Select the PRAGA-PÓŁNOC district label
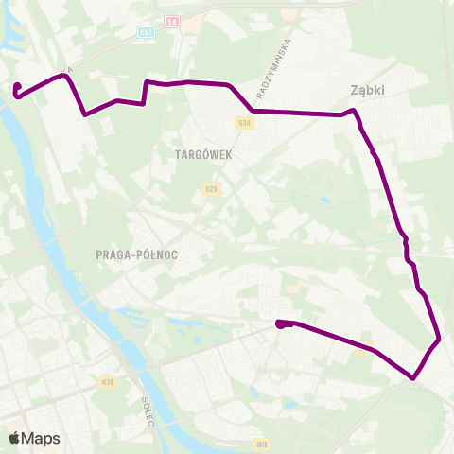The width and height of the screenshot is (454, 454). click(x=137, y=254)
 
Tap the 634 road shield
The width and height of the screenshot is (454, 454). click(x=245, y=123)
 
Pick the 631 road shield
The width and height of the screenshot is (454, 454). click(x=105, y=382)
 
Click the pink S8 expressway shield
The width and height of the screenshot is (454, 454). click(x=172, y=19)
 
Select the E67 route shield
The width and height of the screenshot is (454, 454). click(x=146, y=32)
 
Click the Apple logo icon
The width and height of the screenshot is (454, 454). click(x=16, y=438)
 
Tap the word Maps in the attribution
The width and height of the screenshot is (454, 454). click(x=42, y=439)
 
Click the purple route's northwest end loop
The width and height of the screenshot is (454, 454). click(x=17, y=90)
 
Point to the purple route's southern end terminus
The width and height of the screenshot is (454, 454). click(x=281, y=325)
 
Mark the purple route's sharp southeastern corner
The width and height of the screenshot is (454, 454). click(x=413, y=378)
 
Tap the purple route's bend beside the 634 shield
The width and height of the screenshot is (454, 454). click(x=253, y=110)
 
